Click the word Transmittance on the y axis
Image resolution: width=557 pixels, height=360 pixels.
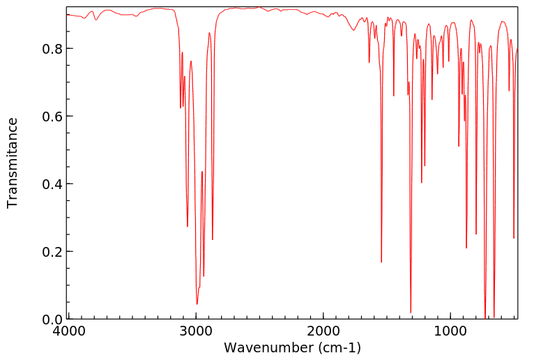[13, 163]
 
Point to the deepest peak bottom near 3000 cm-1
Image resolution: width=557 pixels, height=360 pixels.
[197, 304]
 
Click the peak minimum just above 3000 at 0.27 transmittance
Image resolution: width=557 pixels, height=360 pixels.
[188, 226]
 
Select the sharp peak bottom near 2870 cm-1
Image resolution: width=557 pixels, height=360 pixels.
[213, 240]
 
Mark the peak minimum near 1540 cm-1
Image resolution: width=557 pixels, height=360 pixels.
[381, 262]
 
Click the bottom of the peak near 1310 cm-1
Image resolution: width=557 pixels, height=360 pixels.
[411, 313]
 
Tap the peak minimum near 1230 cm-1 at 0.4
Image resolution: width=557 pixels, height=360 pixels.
[421, 183]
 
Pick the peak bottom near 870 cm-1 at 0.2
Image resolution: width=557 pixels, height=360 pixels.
[466, 248]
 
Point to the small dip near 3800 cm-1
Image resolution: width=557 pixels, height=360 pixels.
[96, 20]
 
